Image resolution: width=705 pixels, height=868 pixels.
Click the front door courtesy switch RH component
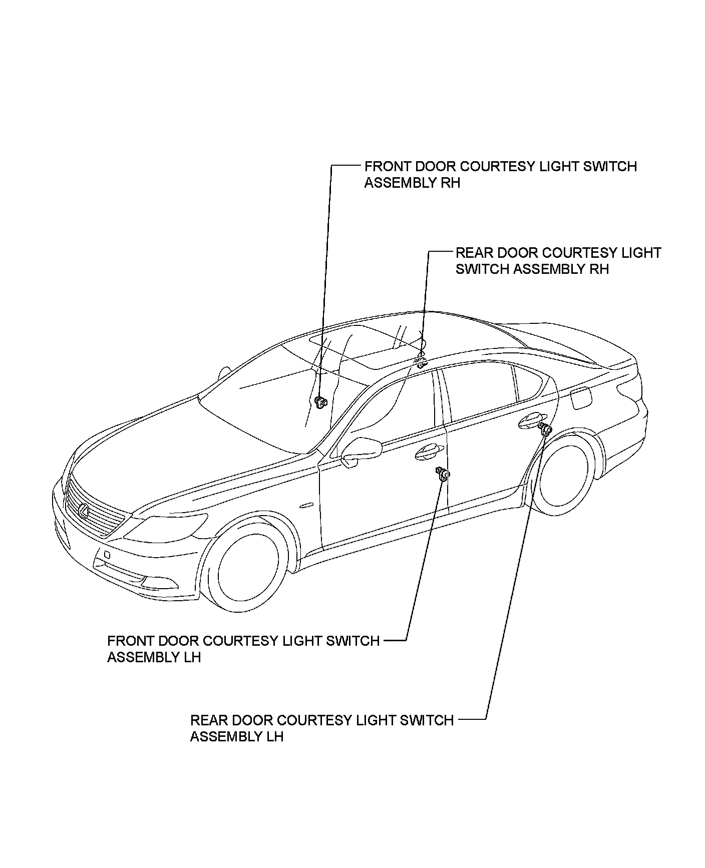pyautogui.click(x=320, y=401)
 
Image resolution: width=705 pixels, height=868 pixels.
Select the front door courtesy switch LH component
pyautogui.click(x=443, y=474)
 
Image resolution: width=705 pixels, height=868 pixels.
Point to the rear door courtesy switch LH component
pyautogui.click(x=545, y=428)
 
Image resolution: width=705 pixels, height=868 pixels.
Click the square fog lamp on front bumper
pyautogui.click(x=106, y=555)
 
